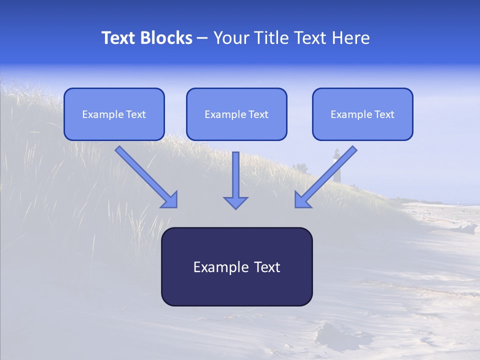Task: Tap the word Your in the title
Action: click(230, 38)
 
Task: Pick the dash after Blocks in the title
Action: click(202, 38)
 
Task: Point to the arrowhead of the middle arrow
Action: click(235, 202)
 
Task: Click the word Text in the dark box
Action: click(267, 267)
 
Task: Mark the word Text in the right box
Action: click(384, 114)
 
